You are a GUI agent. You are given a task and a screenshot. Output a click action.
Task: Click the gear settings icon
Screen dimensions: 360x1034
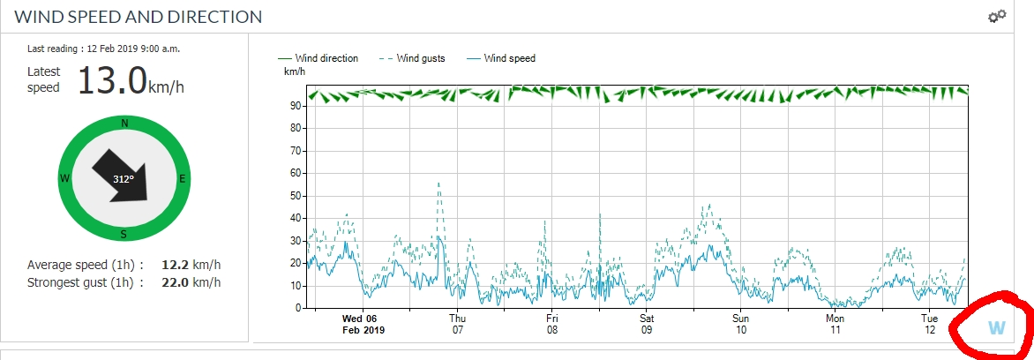click(x=997, y=16)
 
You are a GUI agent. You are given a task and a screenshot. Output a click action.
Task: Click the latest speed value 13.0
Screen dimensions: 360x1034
click(x=112, y=80)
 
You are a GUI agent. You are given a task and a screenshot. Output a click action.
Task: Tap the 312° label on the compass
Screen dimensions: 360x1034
click(x=123, y=179)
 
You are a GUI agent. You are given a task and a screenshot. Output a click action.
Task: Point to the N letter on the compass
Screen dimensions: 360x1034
click(x=124, y=124)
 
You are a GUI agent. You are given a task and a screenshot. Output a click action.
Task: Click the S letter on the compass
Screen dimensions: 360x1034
click(x=124, y=234)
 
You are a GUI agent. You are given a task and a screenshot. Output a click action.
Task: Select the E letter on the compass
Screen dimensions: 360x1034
click(x=183, y=178)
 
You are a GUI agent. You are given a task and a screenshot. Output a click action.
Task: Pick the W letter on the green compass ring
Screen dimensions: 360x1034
click(x=65, y=178)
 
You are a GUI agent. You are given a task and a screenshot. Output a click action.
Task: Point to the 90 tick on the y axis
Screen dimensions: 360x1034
click(x=295, y=106)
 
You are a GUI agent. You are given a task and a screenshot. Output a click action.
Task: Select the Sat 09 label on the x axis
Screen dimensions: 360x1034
click(x=647, y=324)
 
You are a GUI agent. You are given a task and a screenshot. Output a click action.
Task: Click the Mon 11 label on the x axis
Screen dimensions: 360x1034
click(x=835, y=324)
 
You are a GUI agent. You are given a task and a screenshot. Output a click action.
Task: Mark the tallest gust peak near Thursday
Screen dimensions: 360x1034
click(x=438, y=184)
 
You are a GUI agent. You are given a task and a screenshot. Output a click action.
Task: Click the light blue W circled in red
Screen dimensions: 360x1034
click(x=996, y=328)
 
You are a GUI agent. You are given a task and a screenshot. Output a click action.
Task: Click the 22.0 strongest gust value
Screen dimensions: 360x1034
click(x=175, y=282)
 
